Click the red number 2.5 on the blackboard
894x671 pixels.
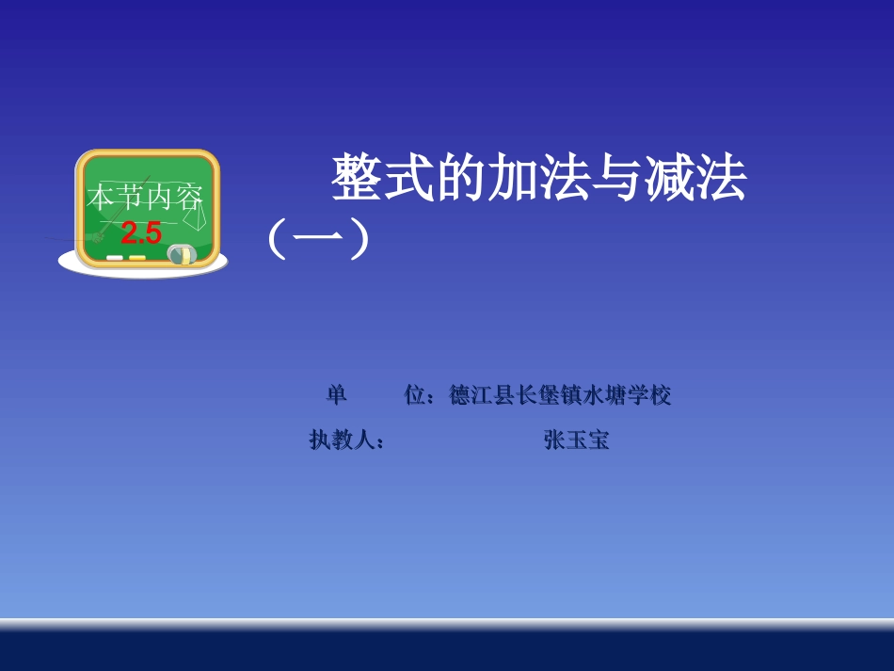(x=141, y=232)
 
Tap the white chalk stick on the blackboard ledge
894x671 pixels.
(x=115, y=257)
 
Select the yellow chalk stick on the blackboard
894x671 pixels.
(x=136, y=257)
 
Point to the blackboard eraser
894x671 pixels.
(x=180, y=253)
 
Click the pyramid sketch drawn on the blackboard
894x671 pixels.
(x=195, y=216)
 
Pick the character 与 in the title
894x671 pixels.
(x=616, y=179)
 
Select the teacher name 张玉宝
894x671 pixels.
(x=576, y=439)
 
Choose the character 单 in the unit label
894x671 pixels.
(x=337, y=396)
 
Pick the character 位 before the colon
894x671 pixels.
(x=415, y=396)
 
